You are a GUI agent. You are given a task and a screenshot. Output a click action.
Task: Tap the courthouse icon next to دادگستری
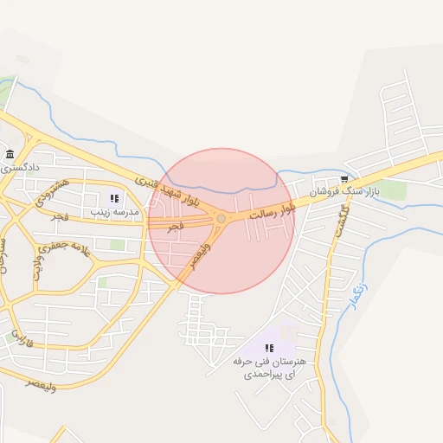9,155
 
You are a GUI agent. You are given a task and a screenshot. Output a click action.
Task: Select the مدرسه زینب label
113,211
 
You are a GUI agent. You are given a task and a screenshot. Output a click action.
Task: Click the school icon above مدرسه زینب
114,199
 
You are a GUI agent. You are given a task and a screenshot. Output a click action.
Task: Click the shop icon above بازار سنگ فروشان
344,180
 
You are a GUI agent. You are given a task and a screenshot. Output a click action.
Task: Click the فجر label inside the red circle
176,227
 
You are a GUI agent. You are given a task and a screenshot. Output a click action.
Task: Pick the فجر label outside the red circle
59,215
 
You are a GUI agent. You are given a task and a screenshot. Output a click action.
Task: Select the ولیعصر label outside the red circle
41,382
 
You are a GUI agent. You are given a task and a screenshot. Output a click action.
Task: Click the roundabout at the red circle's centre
221,219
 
